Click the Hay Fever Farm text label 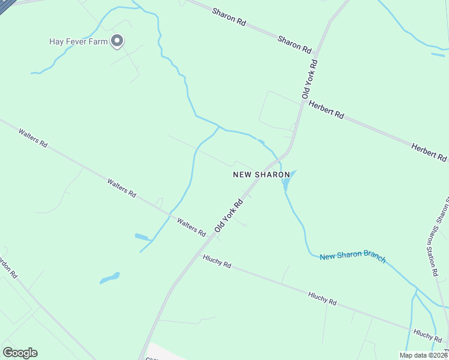click(x=78, y=41)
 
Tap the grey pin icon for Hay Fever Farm click(x=118, y=41)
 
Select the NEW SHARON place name click(x=256, y=175)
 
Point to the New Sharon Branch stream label click(x=352, y=256)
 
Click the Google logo click(x=20, y=353)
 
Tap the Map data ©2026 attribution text click(x=423, y=355)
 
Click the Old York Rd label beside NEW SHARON click(x=229, y=215)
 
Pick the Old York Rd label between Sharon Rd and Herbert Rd click(x=310, y=79)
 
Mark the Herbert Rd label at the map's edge click(x=429, y=153)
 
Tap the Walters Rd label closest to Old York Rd click(x=192, y=226)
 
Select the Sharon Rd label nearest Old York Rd click(x=294, y=43)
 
